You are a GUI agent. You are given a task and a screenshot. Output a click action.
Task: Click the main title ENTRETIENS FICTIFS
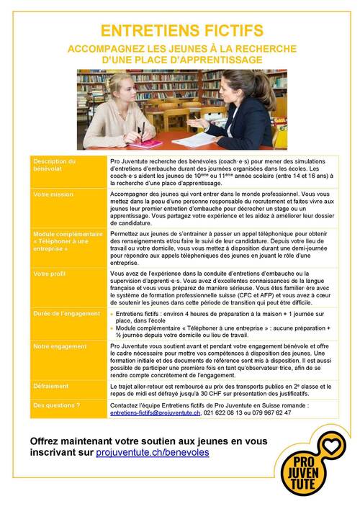[179, 30]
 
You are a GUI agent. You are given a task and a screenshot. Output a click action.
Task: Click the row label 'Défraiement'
[51, 387]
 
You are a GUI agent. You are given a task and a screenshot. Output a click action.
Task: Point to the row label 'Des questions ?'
[57, 405]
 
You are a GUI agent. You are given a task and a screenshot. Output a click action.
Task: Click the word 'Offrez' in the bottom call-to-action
[50, 441]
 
